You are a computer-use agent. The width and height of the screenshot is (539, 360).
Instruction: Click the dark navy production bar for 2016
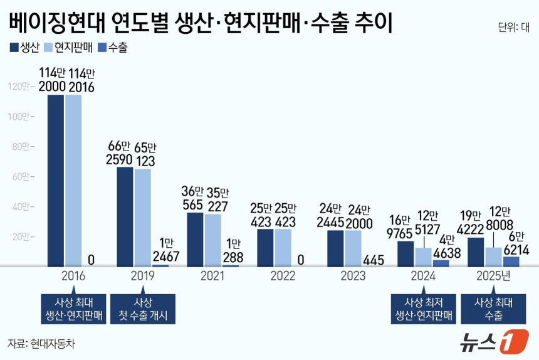(56, 181)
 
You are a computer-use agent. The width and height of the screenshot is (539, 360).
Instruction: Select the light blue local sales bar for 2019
(143, 218)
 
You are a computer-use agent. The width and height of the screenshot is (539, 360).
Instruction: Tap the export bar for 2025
(511, 262)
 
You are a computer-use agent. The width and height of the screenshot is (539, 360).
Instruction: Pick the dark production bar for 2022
(265, 248)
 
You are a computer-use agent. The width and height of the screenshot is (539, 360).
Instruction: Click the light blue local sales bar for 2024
(424, 257)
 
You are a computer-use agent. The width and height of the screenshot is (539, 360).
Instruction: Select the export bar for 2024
(441, 263)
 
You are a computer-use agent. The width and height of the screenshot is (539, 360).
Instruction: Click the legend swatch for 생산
(14, 48)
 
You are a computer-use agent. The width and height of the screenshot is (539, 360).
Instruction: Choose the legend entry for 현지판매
(68, 48)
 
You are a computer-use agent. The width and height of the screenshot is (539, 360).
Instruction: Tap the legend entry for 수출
(113, 48)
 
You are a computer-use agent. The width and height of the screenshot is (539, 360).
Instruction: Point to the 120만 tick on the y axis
(21, 87)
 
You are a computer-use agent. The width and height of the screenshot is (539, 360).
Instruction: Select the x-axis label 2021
(212, 276)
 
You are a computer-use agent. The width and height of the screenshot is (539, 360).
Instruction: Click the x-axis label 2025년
(493, 276)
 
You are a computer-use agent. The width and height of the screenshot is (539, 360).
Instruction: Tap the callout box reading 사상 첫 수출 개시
(143, 309)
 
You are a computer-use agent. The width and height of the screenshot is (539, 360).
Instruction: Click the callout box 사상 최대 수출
(493, 309)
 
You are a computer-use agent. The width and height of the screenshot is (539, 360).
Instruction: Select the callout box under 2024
(424, 309)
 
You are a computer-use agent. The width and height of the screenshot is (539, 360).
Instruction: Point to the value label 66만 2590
(119, 153)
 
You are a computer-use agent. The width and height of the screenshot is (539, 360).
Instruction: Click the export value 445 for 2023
(374, 260)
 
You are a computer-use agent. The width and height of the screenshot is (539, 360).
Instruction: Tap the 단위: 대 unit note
(514, 27)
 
